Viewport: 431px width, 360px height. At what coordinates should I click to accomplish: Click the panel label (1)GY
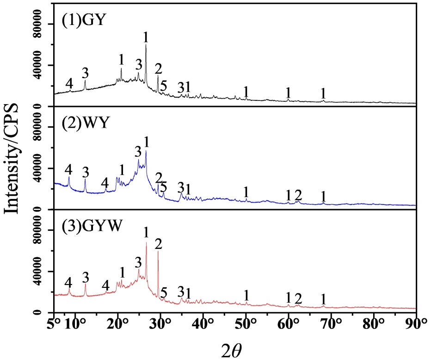coord(84,20)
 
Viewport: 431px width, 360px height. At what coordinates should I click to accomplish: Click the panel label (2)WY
coord(86,123)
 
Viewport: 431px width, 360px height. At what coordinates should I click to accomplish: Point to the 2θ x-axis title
coord(232,350)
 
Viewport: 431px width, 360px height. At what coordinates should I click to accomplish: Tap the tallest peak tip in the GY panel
coord(146,44)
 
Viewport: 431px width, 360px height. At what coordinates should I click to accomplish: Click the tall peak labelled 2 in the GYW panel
coord(158,251)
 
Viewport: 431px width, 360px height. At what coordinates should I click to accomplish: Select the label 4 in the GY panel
coord(69,84)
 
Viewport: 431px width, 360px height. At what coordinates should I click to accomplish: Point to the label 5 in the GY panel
coord(164,86)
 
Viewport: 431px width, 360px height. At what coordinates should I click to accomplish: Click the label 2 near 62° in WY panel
coord(298,195)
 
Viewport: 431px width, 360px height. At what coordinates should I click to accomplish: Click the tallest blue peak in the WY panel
coord(146,151)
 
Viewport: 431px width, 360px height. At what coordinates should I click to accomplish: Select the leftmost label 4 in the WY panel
coord(68,170)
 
